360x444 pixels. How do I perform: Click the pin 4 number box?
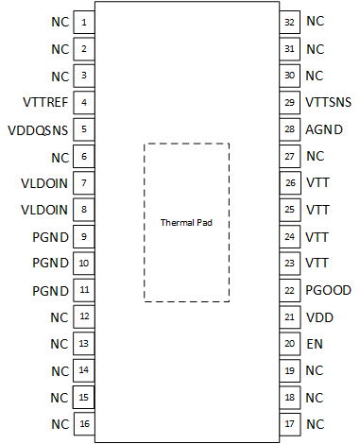[x=84, y=102]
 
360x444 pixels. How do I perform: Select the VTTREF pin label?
[x=43, y=102]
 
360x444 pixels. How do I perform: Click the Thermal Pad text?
[x=185, y=222]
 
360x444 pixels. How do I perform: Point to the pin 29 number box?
[x=290, y=102]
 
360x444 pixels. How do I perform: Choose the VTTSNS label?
[x=328, y=102]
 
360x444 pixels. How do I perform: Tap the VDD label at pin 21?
[x=319, y=317]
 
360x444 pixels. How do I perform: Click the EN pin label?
[x=315, y=344]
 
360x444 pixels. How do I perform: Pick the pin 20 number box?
[x=290, y=344]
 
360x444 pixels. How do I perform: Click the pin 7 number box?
[x=84, y=183]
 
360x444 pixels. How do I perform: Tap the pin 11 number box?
[x=84, y=290]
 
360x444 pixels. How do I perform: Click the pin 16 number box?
[x=84, y=424]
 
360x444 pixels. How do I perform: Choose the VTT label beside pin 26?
[x=317, y=183]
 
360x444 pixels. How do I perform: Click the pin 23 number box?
[x=290, y=264]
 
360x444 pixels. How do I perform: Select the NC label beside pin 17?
[x=316, y=424]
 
